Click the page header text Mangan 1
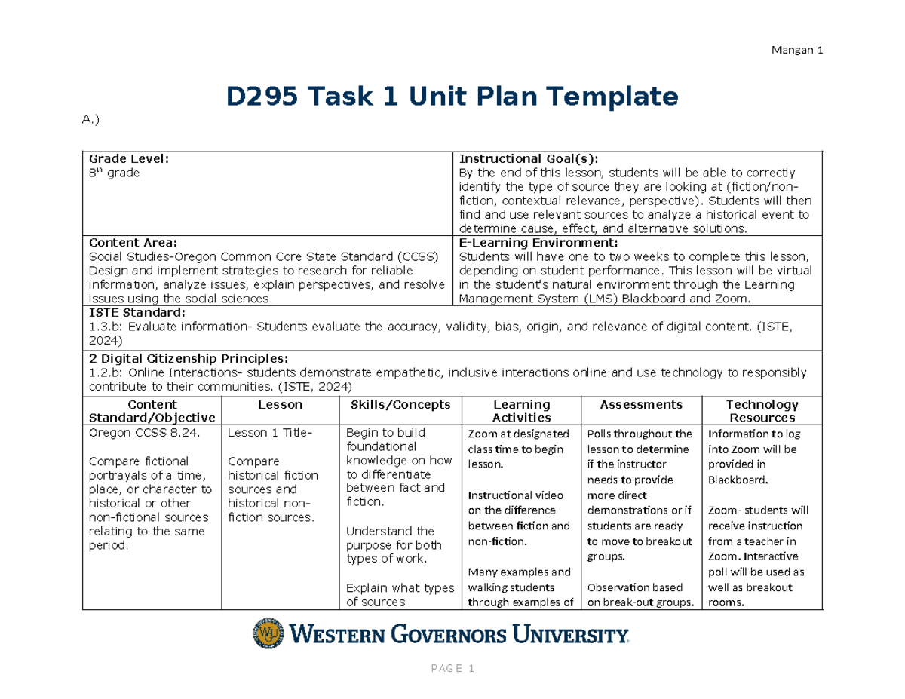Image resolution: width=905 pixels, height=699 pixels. click(x=796, y=51)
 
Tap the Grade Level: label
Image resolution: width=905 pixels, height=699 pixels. click(x=129, y=158)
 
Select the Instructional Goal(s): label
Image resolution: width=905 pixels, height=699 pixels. click(x=529, y=158)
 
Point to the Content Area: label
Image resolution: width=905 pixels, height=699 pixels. click(x=133, y=243)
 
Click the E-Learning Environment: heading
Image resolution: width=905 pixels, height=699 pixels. click(x=538, y=243)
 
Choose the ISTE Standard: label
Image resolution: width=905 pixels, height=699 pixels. click(x=137, y=312)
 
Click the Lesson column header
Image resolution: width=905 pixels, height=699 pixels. click(x=280, y=405)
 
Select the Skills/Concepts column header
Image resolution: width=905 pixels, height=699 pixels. click(x=400, y=405)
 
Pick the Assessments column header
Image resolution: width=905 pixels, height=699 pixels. click(x=641, y=405)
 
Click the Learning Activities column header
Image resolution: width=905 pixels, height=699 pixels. click(x=521, y=411)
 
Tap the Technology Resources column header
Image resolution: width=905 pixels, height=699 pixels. click(x=762, y=411)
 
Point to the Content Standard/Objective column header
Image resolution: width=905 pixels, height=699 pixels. click(x=152, y=411)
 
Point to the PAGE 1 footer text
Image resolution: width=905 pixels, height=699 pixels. click(x=452, y=669)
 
